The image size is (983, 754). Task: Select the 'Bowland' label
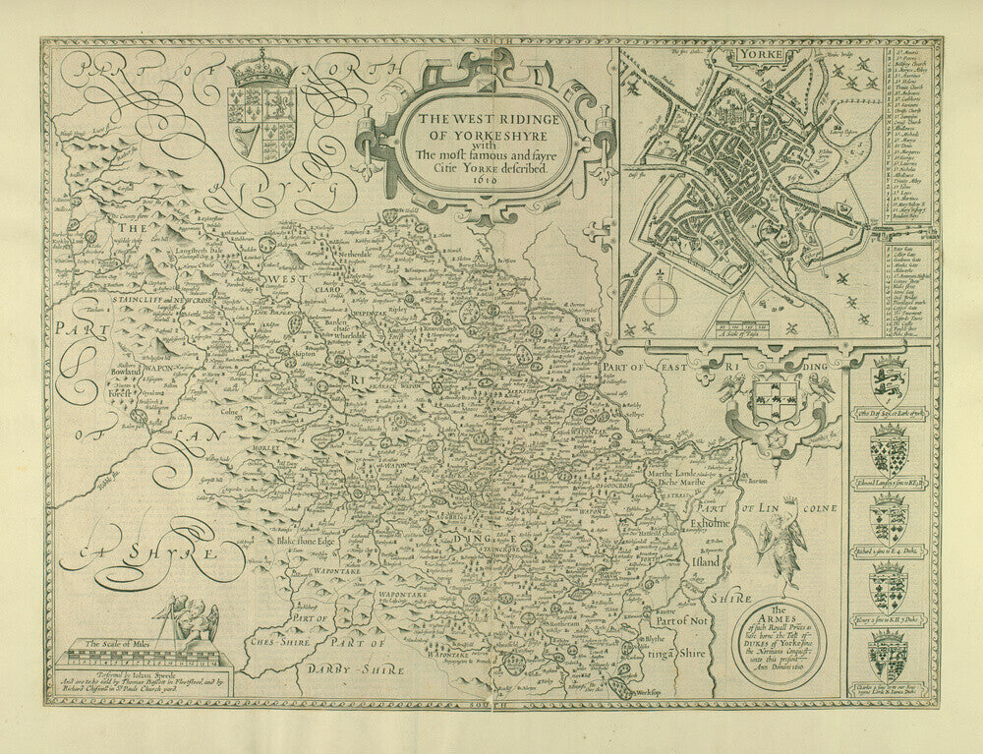click(x=127, y=375)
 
